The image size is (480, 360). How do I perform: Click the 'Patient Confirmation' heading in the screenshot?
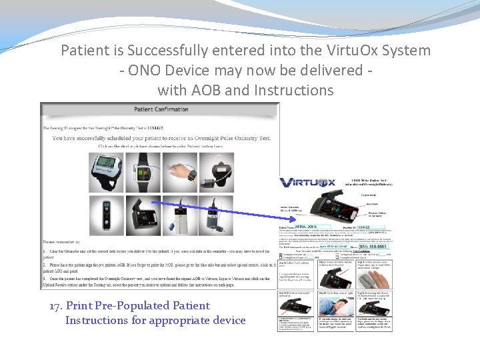tap(161, 109)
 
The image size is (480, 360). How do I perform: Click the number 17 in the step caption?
tap(56, 306)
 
